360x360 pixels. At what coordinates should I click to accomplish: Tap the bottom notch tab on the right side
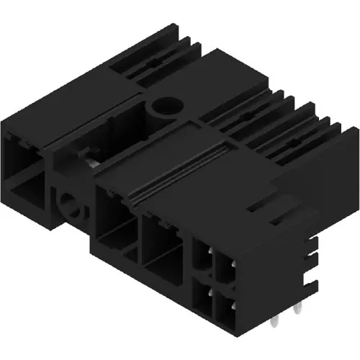click(x=311, y=279)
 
